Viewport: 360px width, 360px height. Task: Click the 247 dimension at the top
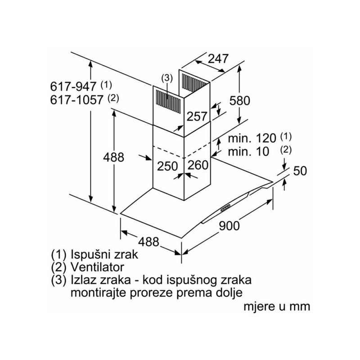coord(218,59)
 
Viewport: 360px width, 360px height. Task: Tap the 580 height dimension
coord(240,101)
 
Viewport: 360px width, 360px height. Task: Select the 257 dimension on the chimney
coord(197,117)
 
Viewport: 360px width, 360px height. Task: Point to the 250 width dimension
coord(167,166)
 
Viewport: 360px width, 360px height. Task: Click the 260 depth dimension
coord(198,165)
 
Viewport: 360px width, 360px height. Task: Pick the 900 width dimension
coord(229,226)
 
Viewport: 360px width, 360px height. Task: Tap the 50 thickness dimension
coord(300,171)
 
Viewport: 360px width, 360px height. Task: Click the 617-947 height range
coord(73,86)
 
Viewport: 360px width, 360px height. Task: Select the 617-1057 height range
coord(76,100)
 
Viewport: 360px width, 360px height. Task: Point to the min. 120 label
coord(252,138)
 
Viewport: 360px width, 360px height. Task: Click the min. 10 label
coord(248,152)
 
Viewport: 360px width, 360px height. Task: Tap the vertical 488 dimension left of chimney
coord(113,157)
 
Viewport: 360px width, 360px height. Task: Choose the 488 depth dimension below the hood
coord(149,242)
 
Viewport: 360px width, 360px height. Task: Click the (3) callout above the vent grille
coord(166,78)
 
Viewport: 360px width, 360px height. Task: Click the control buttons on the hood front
coord(225,208)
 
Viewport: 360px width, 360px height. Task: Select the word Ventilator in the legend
coord(97,267)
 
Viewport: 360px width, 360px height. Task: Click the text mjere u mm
coord(277,306)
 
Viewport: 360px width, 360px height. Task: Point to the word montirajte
coord(99,293)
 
